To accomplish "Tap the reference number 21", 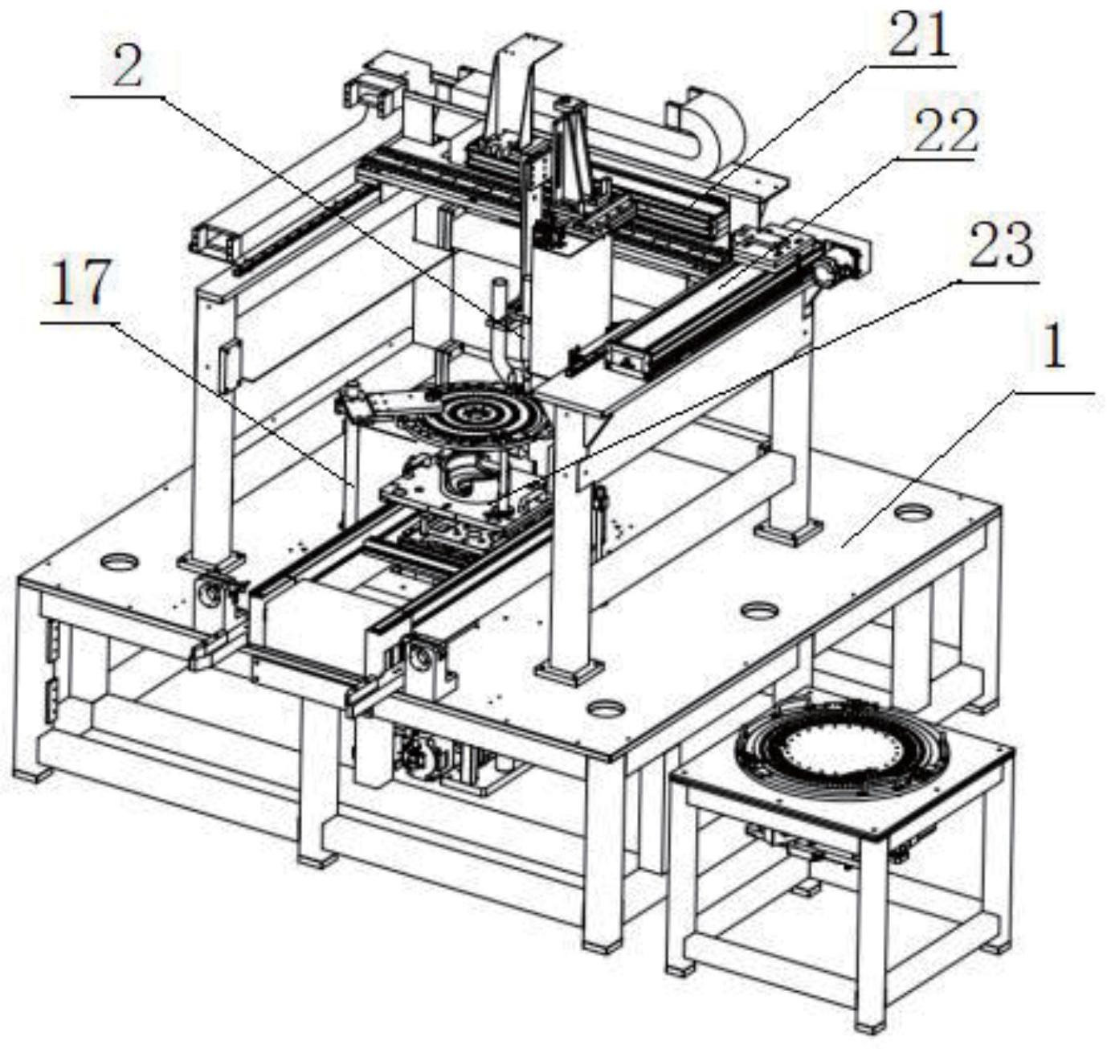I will tap(918, 36).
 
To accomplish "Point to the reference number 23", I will tap(1000, 246).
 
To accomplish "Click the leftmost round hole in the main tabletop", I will tap(119, 560).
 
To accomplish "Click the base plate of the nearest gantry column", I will tap(570, 670).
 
